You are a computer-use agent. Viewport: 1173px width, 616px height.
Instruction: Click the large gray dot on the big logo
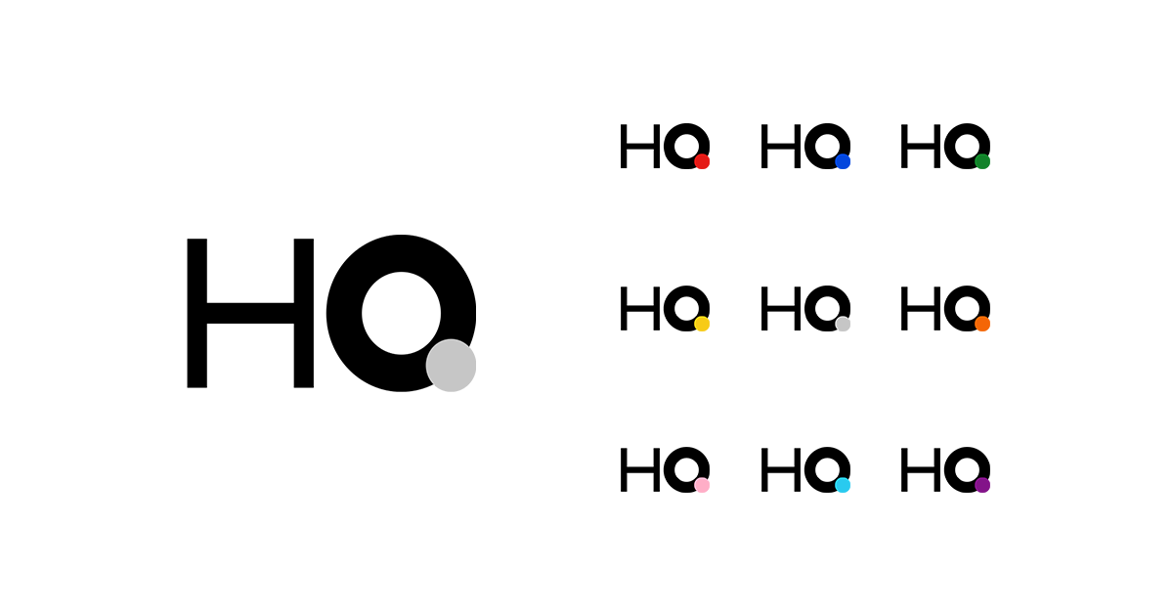451,366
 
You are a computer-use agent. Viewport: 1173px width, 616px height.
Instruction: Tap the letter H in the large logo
250,313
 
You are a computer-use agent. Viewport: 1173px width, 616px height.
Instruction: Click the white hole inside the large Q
401,313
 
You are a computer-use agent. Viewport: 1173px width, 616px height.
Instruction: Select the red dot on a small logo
702,161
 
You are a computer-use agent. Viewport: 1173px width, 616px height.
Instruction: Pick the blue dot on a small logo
843,161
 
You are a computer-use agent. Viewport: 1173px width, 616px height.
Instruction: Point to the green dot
982,161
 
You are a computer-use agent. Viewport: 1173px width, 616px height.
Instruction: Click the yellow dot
702,324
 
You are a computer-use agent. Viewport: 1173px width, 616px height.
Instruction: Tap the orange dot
982,324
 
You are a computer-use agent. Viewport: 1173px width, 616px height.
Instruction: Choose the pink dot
702,485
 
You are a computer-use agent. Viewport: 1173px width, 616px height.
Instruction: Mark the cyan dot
843,485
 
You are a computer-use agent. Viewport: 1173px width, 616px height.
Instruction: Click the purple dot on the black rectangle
982,485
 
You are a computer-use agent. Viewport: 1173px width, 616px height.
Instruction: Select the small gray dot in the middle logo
843,324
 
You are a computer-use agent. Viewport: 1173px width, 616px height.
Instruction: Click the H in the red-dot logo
638,147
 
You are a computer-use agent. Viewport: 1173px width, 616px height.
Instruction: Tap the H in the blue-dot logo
779,147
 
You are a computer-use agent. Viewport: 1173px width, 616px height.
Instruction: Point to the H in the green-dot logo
919,147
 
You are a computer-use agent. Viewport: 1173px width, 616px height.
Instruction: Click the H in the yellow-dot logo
638,309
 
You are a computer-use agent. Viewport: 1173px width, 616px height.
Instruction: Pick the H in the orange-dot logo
919,309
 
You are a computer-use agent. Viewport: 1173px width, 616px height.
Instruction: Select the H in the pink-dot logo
638,470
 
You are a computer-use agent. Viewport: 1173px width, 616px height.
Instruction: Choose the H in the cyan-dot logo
779,470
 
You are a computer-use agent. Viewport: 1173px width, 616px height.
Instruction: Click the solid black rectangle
938,467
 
